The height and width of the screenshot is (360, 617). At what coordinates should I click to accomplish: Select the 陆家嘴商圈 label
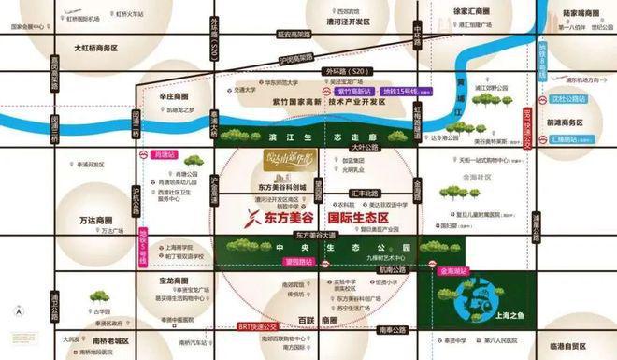[x=586, y=12]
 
